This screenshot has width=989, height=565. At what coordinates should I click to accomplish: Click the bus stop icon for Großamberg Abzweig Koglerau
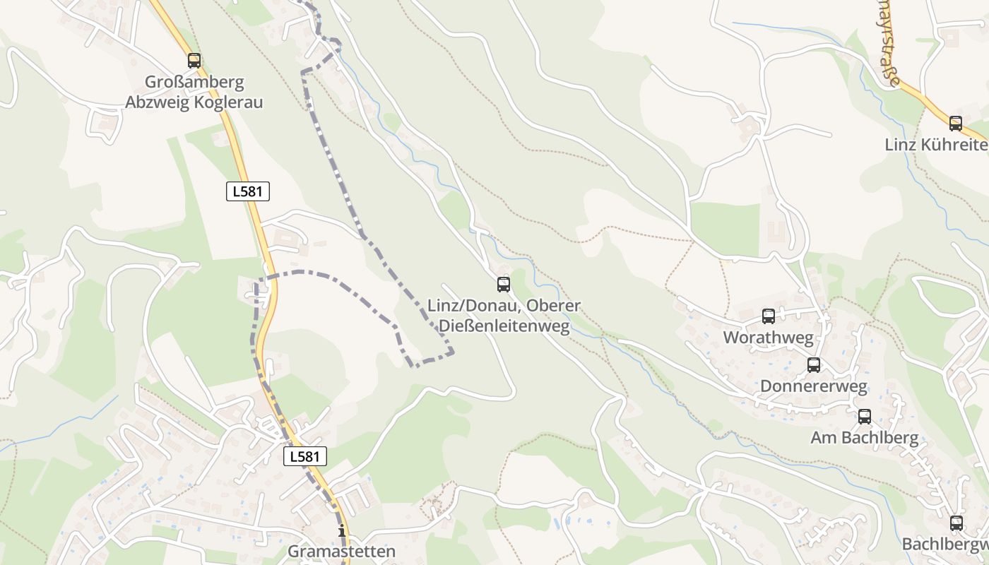pos(194,61)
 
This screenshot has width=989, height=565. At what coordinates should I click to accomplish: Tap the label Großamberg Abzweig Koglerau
pos(194,92)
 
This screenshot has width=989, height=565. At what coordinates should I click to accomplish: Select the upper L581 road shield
pos(248,191)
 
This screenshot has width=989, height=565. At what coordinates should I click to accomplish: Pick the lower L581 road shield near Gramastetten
pos(305,456)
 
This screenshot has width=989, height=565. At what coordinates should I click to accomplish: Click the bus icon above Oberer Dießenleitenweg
pos(504,285)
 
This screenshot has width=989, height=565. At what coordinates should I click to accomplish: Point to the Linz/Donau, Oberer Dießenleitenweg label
pos(504,316)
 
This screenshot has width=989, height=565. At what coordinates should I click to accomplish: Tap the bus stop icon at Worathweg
pos(769,316)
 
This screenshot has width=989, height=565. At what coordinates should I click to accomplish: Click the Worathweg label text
pos(768,338)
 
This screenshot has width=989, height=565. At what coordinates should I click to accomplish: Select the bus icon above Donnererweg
pos(814,365)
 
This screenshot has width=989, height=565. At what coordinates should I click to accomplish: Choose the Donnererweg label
pos(813,386)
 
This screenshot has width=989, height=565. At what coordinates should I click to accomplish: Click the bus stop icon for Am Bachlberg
pos(865,417)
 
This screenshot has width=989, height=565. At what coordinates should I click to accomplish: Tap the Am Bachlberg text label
pos(865,438)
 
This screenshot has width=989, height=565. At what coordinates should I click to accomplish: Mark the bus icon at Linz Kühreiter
pos(956,124)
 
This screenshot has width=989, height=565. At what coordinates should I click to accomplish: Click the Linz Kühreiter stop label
pos(937,145)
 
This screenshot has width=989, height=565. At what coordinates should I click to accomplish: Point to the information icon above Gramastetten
pos(342,530)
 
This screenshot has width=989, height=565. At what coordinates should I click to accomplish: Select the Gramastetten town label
pos(342,551)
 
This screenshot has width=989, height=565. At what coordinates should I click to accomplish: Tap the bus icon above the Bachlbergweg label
pos(957,523)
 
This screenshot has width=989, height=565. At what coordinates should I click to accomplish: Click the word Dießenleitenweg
pos(504,326)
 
